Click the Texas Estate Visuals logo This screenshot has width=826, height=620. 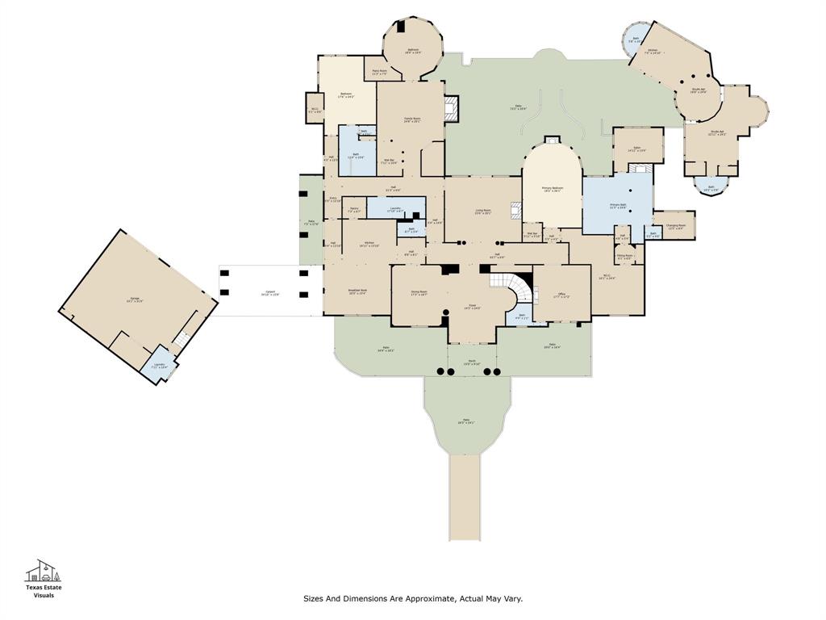[x=44, y=579]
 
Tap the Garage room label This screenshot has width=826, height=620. [x=135, y=300]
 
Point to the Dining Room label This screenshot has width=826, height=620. [x=419, y=293]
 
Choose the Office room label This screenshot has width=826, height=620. [x=561, y=295]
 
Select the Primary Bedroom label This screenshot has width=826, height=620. [x=553, y=189]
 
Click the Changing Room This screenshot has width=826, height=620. [x=675, y=227]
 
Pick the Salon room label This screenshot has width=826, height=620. [x=636, y=149]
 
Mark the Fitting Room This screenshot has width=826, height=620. [x=624, y=258]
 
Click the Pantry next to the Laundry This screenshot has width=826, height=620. [x=354, y=211]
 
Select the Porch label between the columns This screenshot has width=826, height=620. [x=470, y=364]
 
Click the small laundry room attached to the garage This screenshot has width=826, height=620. [x=159, y=366]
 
